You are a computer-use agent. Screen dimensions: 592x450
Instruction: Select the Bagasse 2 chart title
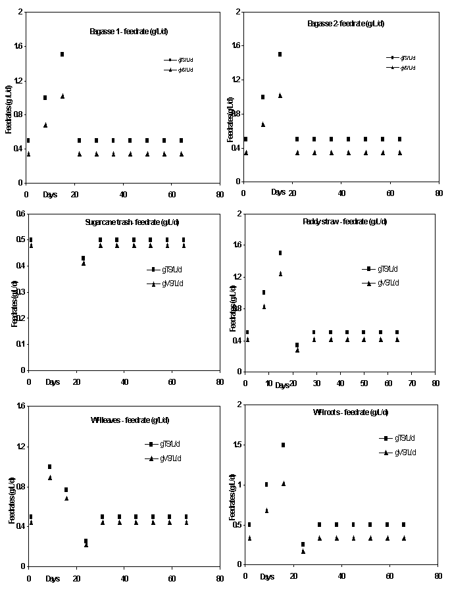[346, 24]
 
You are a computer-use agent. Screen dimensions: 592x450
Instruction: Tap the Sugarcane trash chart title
[128, 222]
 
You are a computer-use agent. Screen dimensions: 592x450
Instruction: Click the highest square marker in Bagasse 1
[62, 54]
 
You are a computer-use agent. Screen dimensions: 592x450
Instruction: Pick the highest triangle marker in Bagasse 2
[280, 95]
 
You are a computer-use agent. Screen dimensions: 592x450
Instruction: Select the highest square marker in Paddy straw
[280, 253]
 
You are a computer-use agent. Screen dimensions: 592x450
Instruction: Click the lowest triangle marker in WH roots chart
[303, 551]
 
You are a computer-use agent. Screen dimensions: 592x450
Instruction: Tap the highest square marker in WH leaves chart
[49, 466]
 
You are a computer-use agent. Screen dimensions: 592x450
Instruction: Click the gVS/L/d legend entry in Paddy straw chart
[384, 282]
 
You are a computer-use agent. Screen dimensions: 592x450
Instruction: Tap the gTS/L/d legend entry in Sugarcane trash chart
[168, 269]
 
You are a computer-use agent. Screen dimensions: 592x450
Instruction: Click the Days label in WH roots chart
[267, 577]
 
